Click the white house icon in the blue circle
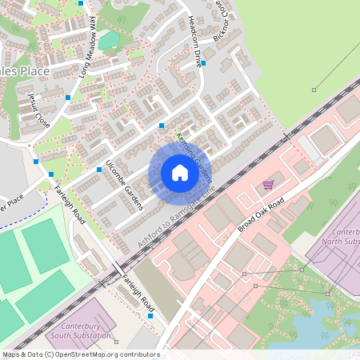coord(179,173)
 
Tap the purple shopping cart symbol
coord(268,185)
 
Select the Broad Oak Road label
coord(262,215)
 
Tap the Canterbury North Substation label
coord(335,241)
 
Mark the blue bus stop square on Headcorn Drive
coord(204,62)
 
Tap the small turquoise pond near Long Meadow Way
coord(109,39)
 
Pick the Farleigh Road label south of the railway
coord(137,294)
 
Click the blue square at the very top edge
coord(81,2)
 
